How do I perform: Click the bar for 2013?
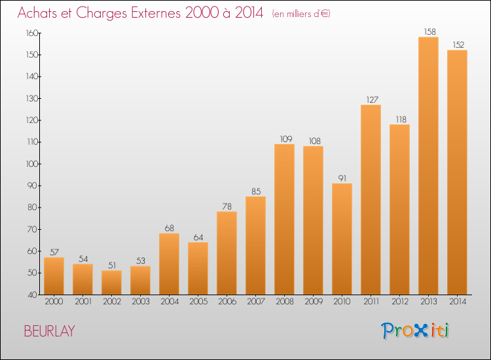click(428, 166)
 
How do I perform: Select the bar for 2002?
click(111, 282)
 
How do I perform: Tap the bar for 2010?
click(342, 239)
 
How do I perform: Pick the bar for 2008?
click(284, 219)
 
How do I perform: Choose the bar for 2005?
click(198, 268)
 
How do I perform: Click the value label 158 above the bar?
click(430, 31)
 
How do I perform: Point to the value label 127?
click(373, 99)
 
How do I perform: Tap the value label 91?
click(342, 178)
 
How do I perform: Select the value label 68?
click(170, 228)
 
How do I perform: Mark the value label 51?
click(112, 265)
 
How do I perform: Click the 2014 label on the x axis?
click(458, 301)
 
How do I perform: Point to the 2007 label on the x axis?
click(256, 301)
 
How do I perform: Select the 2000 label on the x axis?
click(54, 301)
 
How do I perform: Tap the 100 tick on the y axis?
click(32, 164)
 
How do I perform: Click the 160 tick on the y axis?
click(32, 33)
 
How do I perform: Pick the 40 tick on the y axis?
click(33, 295)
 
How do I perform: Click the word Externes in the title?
click(155, 12)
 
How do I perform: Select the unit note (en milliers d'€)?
click(301, 14)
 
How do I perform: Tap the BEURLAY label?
click(50, 331)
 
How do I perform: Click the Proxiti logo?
click(415, 331)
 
